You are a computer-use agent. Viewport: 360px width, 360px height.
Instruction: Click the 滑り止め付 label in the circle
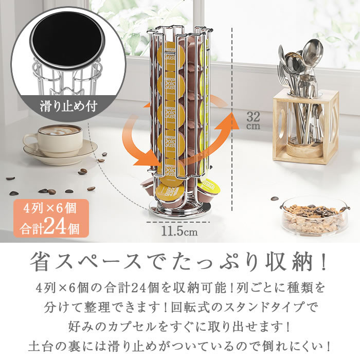point(68,108)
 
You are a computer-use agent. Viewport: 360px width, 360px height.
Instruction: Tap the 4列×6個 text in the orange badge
point(46,209)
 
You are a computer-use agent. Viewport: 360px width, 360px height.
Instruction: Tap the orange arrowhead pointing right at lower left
point(150,164)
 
